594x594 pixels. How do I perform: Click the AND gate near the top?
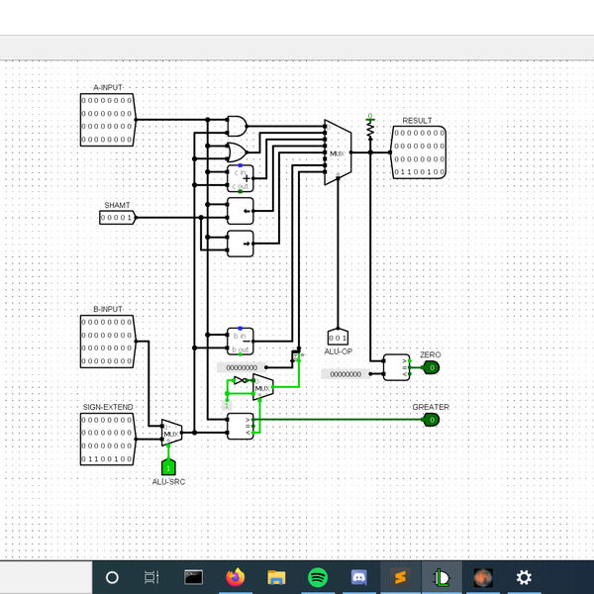coord(239,126)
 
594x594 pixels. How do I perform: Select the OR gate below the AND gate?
coord(239,151)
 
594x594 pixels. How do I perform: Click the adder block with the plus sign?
coord(241,178)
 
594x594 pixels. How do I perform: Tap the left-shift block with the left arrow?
coord(241,210)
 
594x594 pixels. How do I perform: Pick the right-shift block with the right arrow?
coord(241,242)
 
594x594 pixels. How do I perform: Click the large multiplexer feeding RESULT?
coord(338,152)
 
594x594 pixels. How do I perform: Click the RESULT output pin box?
coord(419,152)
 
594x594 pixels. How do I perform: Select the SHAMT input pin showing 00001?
coord(117,218)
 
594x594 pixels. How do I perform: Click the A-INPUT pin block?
coord(107,120)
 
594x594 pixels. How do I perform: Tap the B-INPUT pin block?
coord(107,342)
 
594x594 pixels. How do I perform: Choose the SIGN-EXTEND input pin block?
coord(107,440)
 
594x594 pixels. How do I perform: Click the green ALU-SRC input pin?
coord(168,466)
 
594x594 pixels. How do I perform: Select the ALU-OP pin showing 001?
coord(338,338)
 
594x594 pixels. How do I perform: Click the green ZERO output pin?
coord(431,367)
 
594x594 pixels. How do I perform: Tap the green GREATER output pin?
coord(431,420)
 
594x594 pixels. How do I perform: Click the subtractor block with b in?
coord(241,340)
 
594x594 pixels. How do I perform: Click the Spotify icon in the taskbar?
coord(318,577)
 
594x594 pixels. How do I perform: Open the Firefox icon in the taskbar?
coord(235,577)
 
